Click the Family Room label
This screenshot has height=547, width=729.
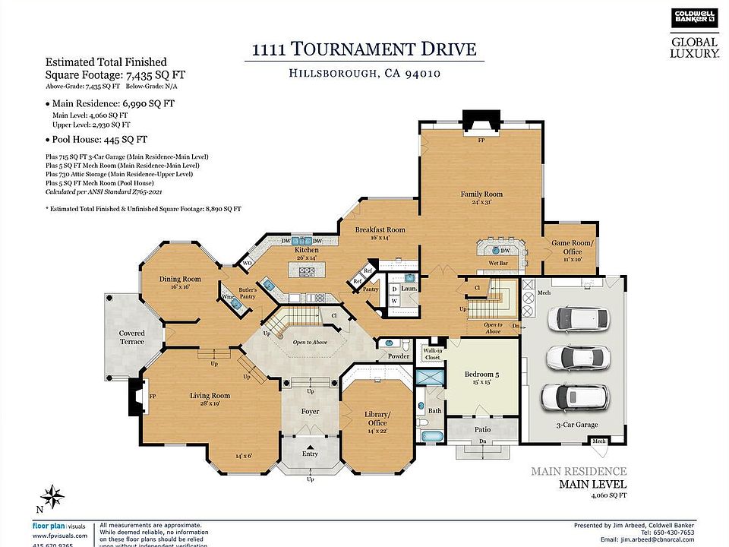pos(481,194)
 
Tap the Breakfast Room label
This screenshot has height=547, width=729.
pos(380,229)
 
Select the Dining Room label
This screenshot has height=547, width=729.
pos(180,280)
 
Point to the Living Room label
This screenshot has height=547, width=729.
pos(210,396)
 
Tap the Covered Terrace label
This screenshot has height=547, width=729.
pos(132,338)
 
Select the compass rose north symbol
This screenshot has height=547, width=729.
pos(52,497)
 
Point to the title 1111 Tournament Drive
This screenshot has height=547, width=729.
pos(364,50)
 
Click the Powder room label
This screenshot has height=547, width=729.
pos(399,356)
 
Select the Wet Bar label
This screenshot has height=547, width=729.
pos(498,264)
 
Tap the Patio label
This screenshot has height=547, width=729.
pos(483,430)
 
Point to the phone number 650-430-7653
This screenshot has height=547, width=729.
pos(688,533)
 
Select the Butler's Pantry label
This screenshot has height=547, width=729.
pos(248,294)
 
